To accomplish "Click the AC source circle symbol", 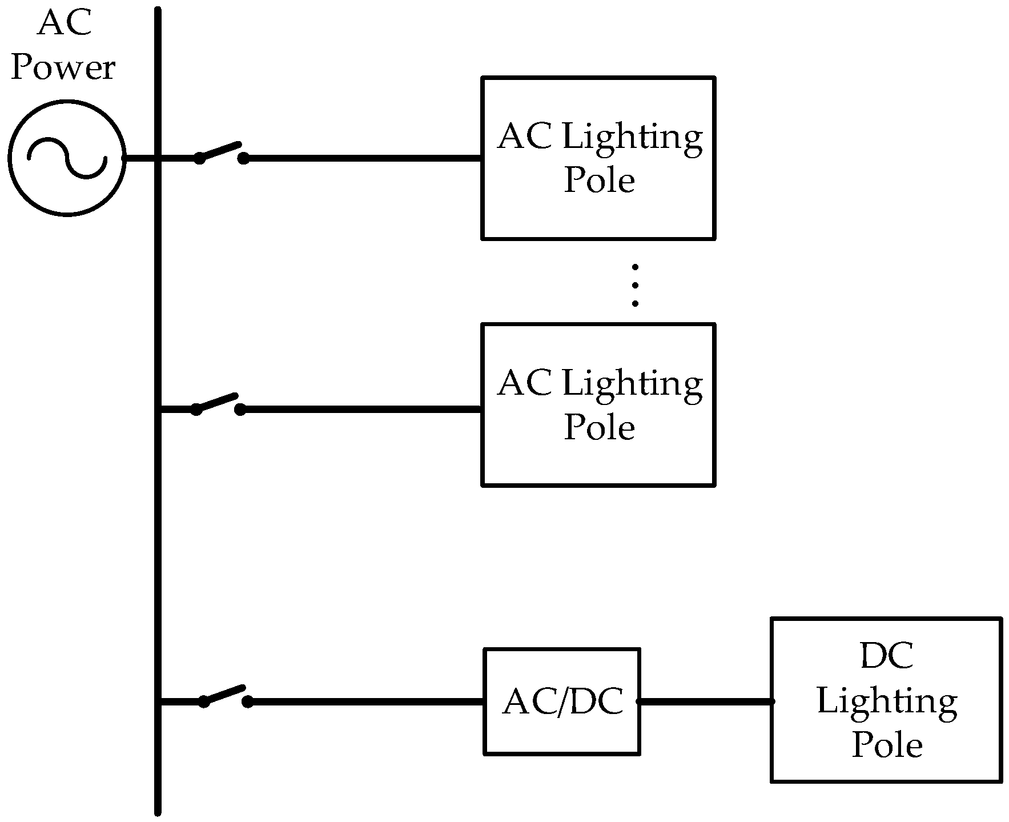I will [x=67, y=158].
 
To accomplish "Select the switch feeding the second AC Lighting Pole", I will [x=218, y=403].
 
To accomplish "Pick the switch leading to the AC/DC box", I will [x=225, y=696].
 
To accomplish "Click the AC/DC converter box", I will [x=562, y=701].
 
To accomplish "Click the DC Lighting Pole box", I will [x=886, y=700].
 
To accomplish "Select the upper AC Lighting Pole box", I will [x=598, y=158].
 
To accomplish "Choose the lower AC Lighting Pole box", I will [x=598, y=405].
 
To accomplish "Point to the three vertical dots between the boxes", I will [x=635, y=286].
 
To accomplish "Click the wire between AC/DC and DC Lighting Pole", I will [x=705, y=701].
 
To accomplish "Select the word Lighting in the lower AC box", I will [x=632, y=384].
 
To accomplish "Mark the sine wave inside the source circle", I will [x=67, y=158].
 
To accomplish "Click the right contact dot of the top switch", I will [x=244, y=158].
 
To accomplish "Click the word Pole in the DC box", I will [x=887, y=745].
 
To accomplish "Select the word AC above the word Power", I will [x=64, y=24].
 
